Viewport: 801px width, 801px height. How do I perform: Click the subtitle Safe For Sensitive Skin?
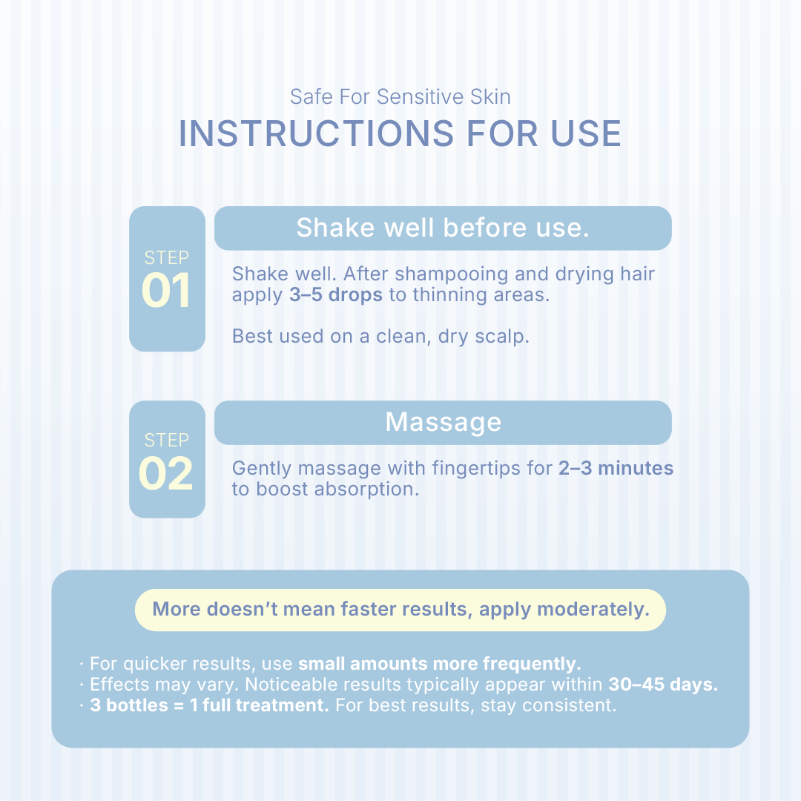[x=400, y=96]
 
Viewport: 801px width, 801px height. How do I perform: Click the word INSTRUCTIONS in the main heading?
[x=316, y=133]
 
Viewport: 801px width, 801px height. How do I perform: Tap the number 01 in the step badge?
[x=167, y=290]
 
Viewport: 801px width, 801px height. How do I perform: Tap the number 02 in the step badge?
[x=166, y=473]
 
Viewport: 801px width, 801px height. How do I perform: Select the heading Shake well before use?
[x=443, y=228]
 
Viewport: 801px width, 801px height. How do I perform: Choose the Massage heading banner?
[x=443, y=423]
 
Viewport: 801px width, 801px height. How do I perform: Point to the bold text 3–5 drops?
[x=336, y=294]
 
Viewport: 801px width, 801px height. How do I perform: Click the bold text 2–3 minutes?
[x=616, y=468]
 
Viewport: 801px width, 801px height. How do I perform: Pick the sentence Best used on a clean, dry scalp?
[x=380, y=336]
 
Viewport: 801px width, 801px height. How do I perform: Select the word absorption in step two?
[x=366, y=489]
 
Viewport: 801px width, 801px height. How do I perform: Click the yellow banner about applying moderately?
[x=400, y=610]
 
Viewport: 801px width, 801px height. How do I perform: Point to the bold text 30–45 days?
[x=663, y=685]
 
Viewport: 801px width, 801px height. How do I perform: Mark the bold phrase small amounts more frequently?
[x=440, y=664]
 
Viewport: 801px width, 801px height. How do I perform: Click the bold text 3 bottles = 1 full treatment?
[x=209, y=705]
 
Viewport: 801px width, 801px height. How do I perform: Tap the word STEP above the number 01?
[x=167, y=258]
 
